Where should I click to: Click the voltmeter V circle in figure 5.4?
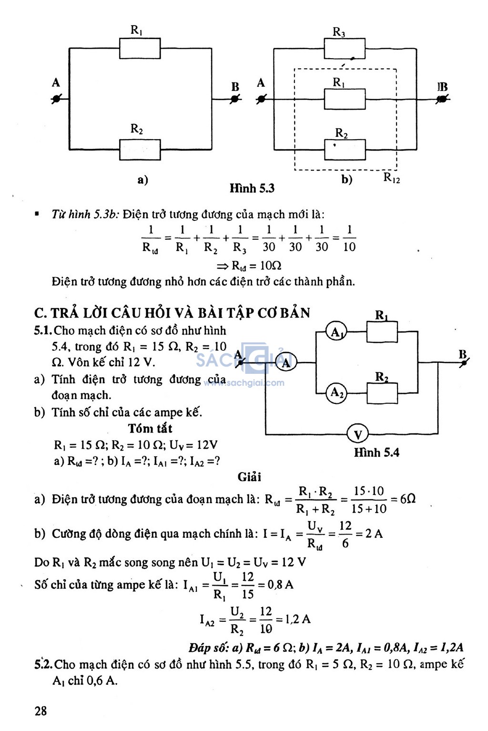point(357,434)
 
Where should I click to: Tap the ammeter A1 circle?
point(336,331)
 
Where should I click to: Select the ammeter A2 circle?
point(336,392)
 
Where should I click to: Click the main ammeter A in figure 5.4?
point(286,362)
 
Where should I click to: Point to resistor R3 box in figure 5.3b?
point(345,48)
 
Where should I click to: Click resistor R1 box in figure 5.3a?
point(140,48)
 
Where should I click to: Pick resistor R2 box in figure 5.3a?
point(140,150)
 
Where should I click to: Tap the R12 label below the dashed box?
point(391,178)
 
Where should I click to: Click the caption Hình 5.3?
point(252,188)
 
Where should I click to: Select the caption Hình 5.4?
point(377,453)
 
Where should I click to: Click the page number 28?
point(41,710)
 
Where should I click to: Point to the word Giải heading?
point(250,477)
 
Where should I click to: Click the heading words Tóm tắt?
point(150,428)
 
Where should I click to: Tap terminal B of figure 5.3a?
point(234,99)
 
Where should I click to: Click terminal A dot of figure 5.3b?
point(261,99)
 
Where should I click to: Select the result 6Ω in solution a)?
point(407,499)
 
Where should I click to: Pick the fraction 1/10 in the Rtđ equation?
point(349,238)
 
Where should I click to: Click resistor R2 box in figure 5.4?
point(382,393)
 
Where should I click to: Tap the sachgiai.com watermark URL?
point(244,383)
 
